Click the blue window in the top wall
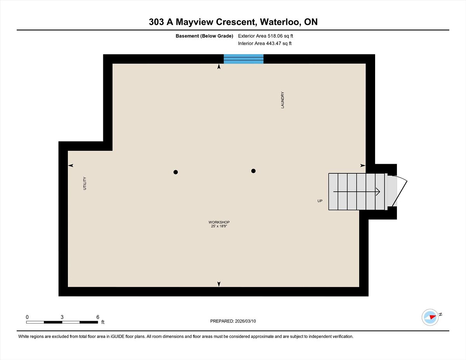pos(243,59)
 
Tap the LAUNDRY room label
pos(282,100)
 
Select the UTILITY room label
pos(85,183)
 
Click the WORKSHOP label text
pos(219,222)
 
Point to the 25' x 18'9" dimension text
pos(219,226)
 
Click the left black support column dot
pos(176,172)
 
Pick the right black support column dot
pos(253,171)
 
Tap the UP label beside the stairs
pos(320,201)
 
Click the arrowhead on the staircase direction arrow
pos(378,192)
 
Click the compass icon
pos(430,317)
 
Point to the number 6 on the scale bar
pos(98,317)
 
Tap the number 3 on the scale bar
pos(62,317)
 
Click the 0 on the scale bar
pos(27,317)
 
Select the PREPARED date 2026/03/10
pos(245,321)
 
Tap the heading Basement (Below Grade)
pos(204,36)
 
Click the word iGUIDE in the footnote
pos(118,336)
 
